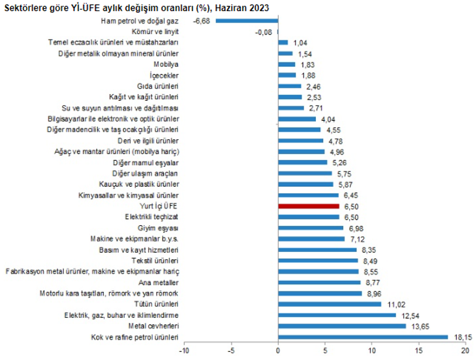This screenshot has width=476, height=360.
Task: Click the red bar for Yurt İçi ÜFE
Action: click(309, 206)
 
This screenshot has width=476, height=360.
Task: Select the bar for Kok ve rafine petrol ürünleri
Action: click(363, 337)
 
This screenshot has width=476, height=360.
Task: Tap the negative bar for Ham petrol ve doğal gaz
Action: click(247, 20)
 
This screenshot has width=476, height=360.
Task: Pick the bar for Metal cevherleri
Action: click(342, 326)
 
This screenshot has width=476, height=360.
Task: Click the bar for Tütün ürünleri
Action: click(329, 304)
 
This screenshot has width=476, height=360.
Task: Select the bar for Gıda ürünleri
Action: click(290, 86)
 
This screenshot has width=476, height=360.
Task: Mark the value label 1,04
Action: click(300, 43)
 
